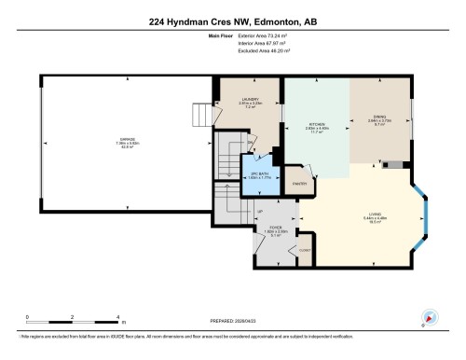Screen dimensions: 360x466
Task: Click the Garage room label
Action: (x=125, y=143)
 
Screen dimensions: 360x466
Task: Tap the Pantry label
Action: (x=299, y=184)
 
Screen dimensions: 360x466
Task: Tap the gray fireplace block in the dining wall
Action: (x=400, y=165)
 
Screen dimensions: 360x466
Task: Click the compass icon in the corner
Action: (x=430, y=316)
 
